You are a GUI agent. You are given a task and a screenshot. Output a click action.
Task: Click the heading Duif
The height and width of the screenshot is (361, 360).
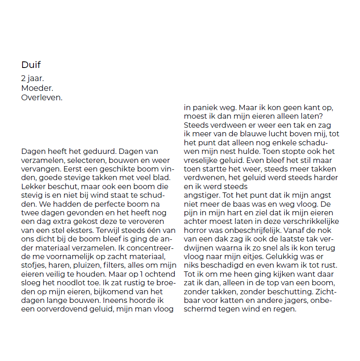click(x=31, y=65)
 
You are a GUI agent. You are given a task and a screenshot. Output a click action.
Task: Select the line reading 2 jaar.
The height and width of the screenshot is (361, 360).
click(x=33, y=78)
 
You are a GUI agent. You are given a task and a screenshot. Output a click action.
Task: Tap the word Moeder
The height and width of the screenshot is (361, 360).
click(x=37, y=88)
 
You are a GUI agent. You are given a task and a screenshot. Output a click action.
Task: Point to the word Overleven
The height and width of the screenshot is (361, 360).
click(x=42, y=97)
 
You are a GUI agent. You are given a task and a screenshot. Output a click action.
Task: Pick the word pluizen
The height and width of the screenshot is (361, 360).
click(x=88, y=265)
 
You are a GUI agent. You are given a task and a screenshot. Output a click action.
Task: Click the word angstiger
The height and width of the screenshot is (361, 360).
click(x=202, y=196)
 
